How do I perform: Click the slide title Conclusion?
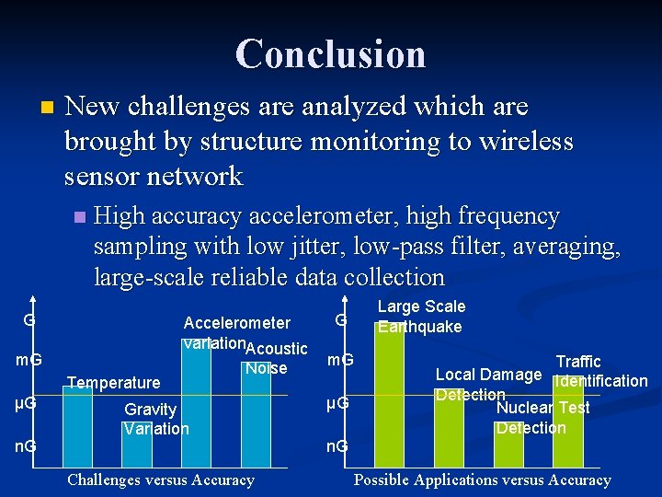(330, 53)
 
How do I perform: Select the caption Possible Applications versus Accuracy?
(483, 480)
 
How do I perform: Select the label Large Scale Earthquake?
(421, 317)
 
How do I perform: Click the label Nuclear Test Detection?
(542, 418)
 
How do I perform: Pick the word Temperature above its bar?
(114, 382)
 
